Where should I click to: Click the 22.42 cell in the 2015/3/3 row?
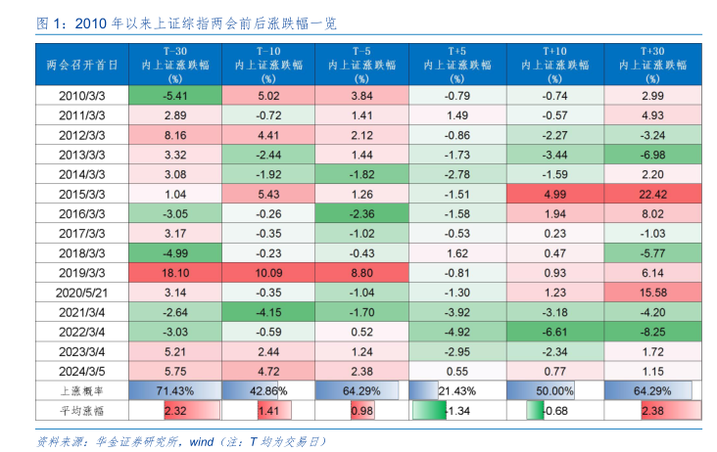(x=652, y=194)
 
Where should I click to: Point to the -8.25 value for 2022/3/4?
(x=652, y=331)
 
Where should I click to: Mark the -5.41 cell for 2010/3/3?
(x=175, y=96)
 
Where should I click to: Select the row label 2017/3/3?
(x=82, y=232)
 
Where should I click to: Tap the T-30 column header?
(x=175, y=63)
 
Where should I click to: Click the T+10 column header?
(x=555, y=63)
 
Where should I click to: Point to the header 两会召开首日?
(x=82, y=63)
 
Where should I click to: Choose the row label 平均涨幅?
(x=82, y=411)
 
